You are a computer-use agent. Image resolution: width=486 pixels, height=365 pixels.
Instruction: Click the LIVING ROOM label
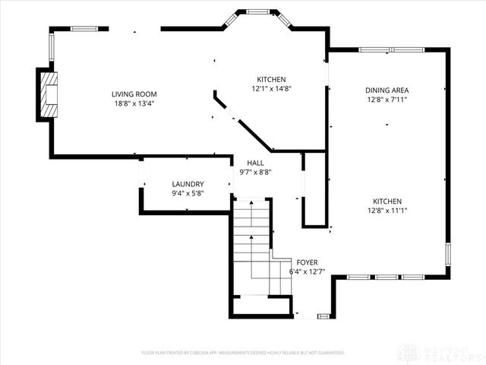click(x=134, y=94)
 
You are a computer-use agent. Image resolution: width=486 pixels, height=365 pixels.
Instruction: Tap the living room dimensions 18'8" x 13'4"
click(x=134, y=104)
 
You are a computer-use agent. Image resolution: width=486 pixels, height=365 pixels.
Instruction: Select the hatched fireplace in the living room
click(x=49, y=94)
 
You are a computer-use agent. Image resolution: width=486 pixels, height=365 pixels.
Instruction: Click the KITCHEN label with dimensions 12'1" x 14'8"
click(x=270, y=79)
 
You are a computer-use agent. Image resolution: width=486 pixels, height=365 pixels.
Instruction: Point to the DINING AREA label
click(x=387, y=89)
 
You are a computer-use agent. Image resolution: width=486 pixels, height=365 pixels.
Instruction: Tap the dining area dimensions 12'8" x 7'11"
click(x=387, y=99)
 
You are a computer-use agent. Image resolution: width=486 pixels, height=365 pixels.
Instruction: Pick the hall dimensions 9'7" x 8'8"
click(x=255, y=173)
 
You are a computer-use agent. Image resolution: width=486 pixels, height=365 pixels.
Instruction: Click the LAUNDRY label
click(x=188, y=184)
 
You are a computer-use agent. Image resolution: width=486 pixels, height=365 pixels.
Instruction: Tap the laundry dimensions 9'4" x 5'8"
click(x=188, y=194)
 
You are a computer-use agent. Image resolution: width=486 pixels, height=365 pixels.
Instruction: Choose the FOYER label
click(x=307, y=262)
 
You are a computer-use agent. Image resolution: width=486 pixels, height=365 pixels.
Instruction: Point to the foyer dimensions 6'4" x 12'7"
click(x=307, y=271)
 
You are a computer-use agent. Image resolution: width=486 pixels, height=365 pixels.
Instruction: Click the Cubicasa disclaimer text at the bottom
click(x=243, y=353)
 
